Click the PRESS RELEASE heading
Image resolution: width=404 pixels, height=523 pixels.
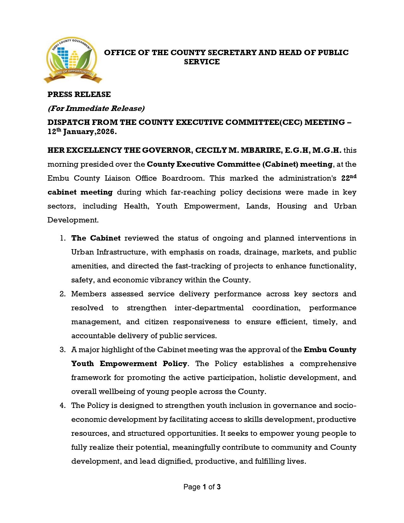pyautogui.click(x=79, y=94)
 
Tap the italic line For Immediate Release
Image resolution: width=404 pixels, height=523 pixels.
pyautogui.click(x=96, y=108)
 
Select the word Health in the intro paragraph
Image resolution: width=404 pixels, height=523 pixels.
pyautogui.click(x=136, y=206)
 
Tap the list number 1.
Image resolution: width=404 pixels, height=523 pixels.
pyautogui.click(x=63, y=238)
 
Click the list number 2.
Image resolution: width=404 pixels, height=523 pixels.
pyautogui.click(x=62, y=294)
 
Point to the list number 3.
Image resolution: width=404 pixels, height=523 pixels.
pyautogui.click(x=62, y=350)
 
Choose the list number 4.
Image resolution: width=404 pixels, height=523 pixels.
pyautogui.click(x=62, y=405)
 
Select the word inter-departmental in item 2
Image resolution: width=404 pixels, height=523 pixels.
pyautogui.click(x=209, y=308)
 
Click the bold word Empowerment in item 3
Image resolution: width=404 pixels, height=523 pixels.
pyautogui.click(x=128, y=364)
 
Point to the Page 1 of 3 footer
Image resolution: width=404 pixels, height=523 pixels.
pyautogui.click(x=202, y=487)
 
